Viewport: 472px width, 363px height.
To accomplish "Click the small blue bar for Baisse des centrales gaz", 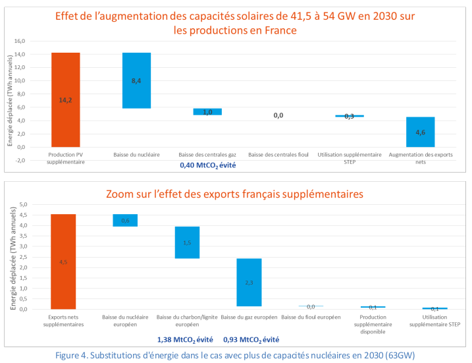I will (x=207, y=112).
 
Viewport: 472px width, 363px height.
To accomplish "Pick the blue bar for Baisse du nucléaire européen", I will (x=125, y=220).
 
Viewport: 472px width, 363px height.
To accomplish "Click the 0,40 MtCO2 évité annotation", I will (x=207, y=165).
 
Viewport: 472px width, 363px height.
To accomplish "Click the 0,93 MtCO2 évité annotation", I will (x=251, y=340).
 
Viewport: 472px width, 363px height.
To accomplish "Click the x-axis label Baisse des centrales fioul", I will (x=278, y=154).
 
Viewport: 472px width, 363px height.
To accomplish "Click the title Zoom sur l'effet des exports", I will (x=236, y=194).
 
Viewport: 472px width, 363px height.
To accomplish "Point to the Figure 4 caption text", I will (x=236, y=356).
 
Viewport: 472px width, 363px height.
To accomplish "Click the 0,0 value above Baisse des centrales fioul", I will (x=278, y=115).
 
